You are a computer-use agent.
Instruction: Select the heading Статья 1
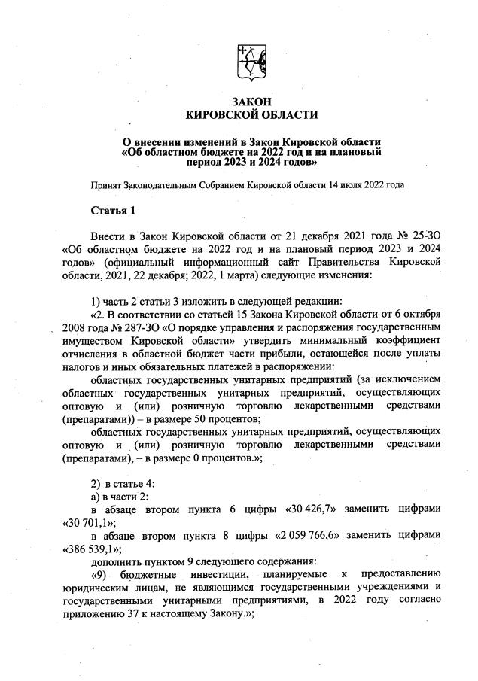[x=112, y=209]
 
